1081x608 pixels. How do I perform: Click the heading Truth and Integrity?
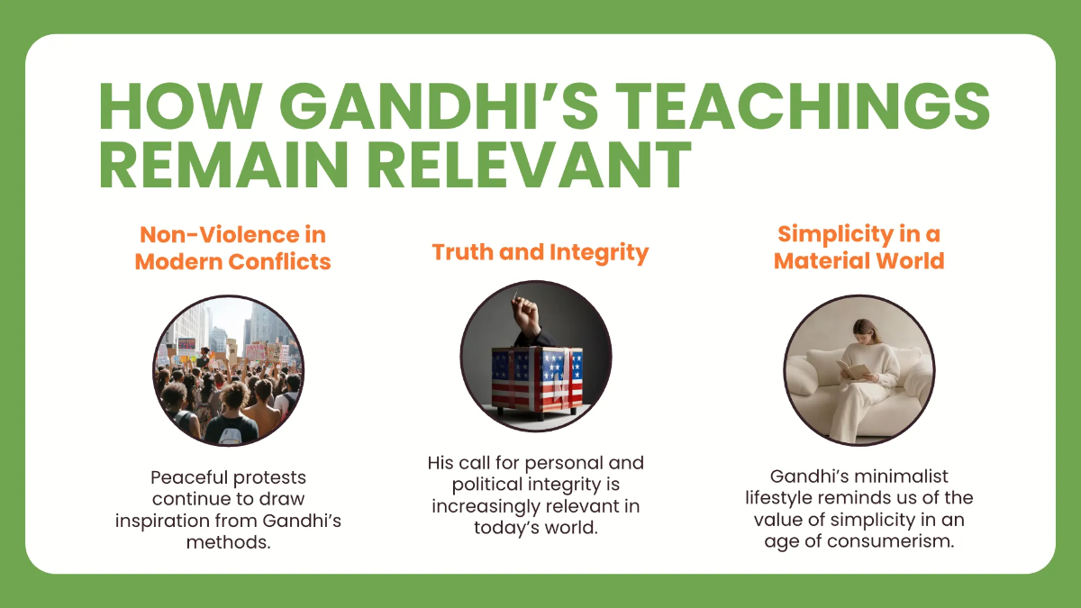[540, 252]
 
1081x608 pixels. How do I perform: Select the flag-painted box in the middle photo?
[536, 377]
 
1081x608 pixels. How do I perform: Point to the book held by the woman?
[850, 370]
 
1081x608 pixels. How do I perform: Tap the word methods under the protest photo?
[228, 543]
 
